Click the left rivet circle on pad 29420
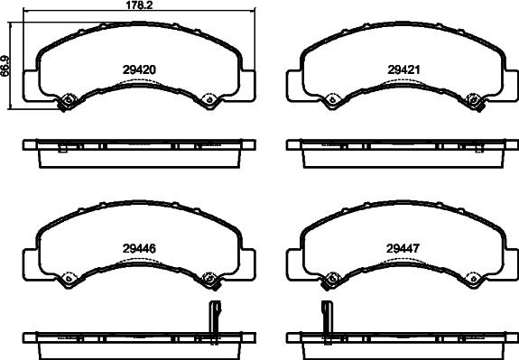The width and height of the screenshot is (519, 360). coord(67,99)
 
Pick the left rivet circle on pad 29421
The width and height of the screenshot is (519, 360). coord(332,99)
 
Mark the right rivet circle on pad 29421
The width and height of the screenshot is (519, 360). coord(473,99)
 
